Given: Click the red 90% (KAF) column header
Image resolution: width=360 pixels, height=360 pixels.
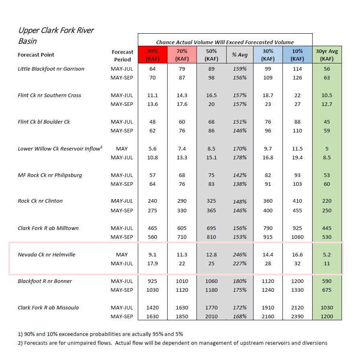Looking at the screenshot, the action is (153, 55).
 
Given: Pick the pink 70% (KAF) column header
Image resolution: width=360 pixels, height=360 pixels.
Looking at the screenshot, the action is (182, 55).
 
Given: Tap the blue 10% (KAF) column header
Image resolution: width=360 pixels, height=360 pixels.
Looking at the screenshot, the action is (297, 55).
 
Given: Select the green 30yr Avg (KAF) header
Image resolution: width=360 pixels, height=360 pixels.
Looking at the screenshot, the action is (327, 55).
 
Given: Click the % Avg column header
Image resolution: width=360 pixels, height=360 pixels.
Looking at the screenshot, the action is (240, 55).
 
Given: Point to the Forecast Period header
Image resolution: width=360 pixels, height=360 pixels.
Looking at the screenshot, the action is (123, 56).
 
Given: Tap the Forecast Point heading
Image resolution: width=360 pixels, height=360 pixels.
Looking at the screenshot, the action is (36, 55).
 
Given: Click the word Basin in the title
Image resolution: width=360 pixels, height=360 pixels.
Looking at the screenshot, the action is (28, 41).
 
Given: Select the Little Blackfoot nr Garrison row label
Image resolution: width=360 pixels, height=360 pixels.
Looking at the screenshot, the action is (51, 69).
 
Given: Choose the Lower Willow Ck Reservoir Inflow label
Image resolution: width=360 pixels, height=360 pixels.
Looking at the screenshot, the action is (60, 148).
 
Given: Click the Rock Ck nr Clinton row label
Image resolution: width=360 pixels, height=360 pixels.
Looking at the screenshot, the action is (40, 201).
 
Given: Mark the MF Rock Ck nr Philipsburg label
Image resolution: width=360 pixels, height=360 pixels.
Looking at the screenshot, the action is (50, 175).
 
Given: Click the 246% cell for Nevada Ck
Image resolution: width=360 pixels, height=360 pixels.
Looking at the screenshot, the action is (240, 254).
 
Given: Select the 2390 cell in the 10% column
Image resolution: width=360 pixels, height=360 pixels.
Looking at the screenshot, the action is (297, 316).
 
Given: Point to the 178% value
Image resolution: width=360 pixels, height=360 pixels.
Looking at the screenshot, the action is (240, 157).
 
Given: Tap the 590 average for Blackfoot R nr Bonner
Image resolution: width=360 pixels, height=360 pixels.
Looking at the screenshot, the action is (327, 281).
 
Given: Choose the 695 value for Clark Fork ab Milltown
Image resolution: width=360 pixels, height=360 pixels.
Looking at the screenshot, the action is (211, 228).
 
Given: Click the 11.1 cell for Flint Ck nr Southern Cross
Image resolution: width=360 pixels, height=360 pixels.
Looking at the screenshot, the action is (152, 95).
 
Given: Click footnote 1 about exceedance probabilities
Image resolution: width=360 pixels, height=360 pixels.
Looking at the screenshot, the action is (100, 334).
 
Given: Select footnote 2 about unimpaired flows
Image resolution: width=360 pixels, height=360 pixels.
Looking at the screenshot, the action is (172, 343).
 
